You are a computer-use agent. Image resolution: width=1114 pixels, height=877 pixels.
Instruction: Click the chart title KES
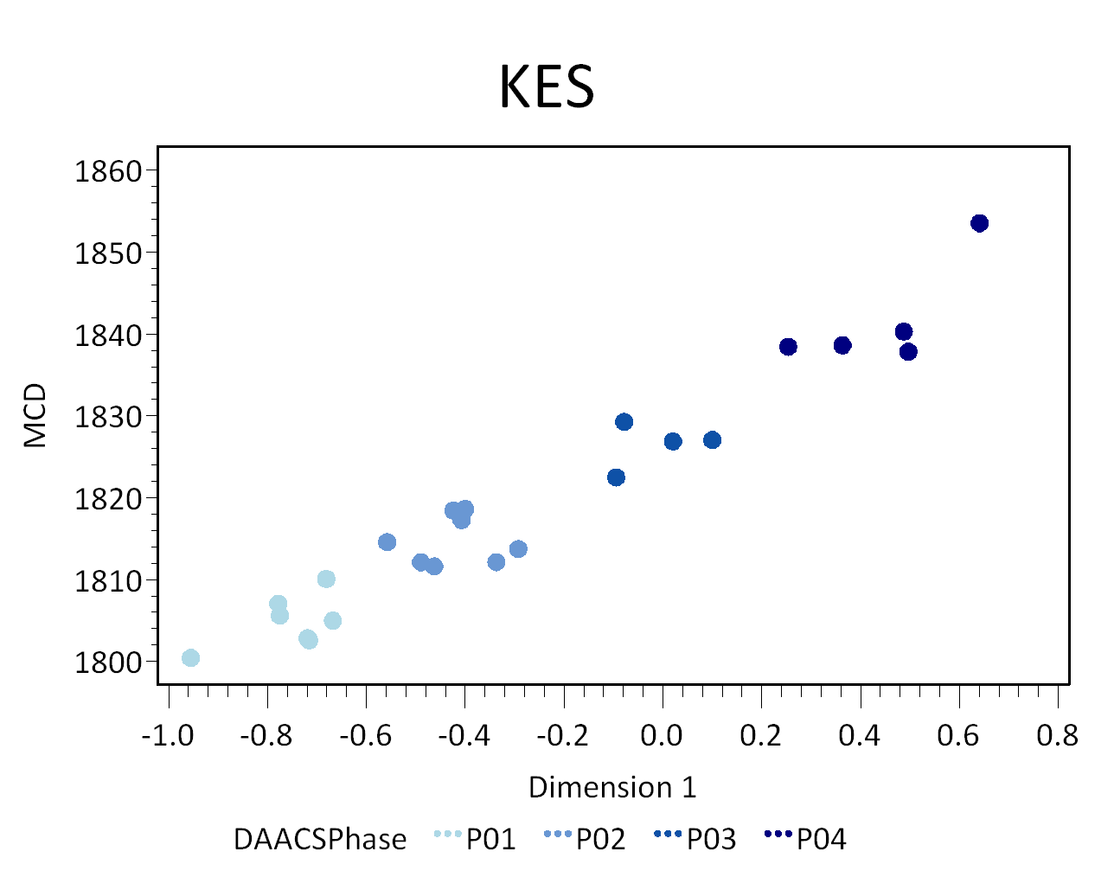547,86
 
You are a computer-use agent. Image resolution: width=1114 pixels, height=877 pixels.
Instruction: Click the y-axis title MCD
35,416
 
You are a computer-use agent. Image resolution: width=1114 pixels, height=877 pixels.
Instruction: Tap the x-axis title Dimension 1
611,787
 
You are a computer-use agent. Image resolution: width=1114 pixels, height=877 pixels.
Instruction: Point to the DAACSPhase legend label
319,839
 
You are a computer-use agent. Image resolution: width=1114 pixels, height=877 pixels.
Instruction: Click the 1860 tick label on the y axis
108,171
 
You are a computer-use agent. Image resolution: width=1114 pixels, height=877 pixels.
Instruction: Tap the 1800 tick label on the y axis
108,663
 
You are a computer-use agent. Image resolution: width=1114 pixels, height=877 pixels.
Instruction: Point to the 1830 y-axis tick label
108,417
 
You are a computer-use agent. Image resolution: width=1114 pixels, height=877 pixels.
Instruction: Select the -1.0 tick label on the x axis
168,736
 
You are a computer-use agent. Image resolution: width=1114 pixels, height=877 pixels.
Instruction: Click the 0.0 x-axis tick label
662,736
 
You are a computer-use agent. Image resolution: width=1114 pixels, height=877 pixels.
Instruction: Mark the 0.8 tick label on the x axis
1057,736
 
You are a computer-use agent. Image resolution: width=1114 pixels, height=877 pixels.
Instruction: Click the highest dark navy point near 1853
979,223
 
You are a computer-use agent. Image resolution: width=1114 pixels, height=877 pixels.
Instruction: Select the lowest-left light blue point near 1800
190,658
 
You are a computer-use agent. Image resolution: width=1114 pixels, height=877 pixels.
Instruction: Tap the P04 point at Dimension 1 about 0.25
788,347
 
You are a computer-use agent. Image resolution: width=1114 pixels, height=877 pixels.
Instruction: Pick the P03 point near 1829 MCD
624,422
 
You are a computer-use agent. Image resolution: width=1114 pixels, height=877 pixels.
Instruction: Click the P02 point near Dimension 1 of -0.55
387,542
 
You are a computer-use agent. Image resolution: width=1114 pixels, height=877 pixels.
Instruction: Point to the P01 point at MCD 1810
326,579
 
